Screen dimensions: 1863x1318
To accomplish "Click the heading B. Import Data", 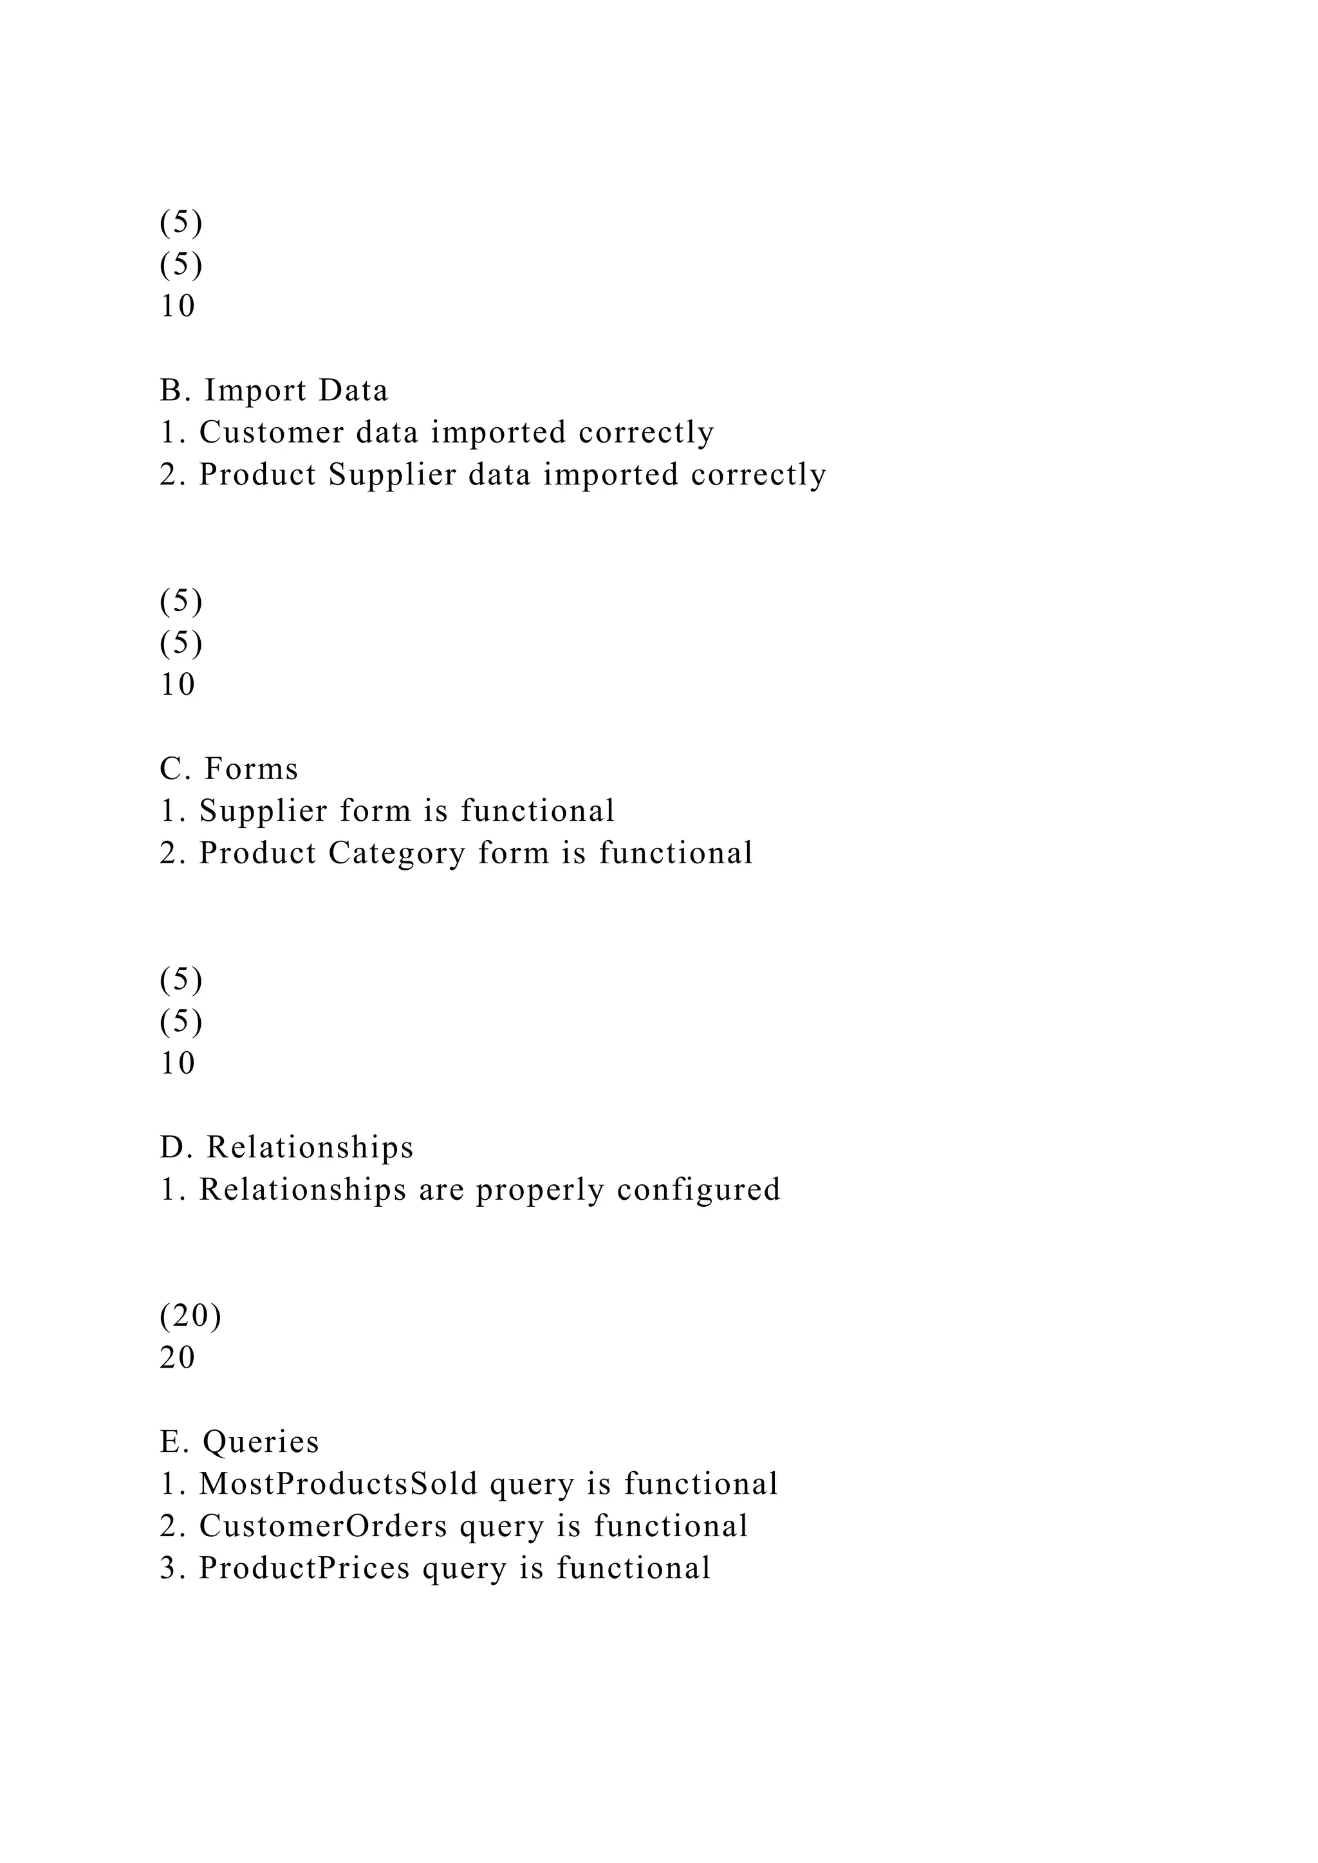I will point(274,390).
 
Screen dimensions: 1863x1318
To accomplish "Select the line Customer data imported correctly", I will point(436,432).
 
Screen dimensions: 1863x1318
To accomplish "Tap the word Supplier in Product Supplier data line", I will point(393,475).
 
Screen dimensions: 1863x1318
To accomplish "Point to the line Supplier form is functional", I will point(387,811).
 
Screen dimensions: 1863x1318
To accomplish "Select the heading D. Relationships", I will point(286,1148).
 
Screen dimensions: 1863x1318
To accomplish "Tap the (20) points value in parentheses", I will point(190,1316).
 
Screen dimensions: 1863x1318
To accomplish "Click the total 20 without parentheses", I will point(178,1357).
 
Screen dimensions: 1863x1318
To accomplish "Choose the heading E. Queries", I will point(239,1442).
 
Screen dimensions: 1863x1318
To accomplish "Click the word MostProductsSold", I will point(339,1484).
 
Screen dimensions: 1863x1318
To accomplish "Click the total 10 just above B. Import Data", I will point(178,306).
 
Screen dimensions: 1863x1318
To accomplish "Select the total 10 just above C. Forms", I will point(178,685).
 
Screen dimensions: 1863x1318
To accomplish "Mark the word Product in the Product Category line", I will point(257,853).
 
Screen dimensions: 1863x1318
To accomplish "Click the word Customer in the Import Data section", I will point(271,432).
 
